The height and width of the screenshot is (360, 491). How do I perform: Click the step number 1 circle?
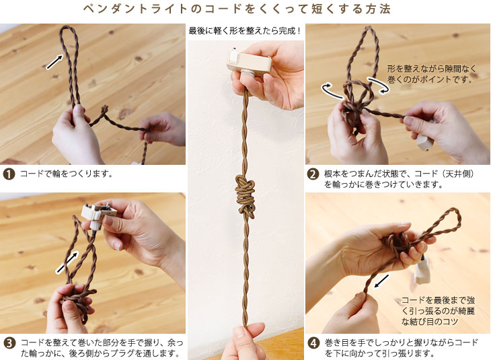click(9, 174)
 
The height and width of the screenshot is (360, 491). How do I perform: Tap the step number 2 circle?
click(313, 174)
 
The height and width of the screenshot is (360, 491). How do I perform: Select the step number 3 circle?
click(9, 343)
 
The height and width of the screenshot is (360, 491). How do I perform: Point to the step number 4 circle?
click(313, 343)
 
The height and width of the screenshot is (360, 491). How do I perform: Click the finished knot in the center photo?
click(245, 196)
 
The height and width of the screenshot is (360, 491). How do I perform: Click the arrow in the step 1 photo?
click(54, 61)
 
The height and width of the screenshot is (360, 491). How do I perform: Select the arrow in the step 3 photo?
click(67, 263)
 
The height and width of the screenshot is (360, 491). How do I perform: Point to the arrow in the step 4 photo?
click(381, 281)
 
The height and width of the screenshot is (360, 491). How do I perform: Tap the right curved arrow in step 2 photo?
click(379, 85)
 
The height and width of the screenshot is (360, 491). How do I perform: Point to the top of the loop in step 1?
click(67, 28)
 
